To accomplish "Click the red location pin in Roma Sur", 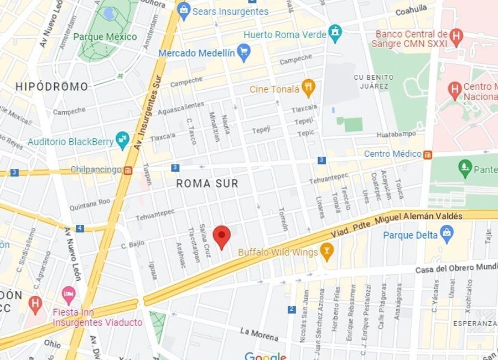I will pos(222,236).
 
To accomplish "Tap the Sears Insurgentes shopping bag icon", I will pos(184,11).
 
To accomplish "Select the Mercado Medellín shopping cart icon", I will pos(243,53).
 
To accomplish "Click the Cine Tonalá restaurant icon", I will pos(308,88).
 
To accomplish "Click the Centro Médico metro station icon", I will pos(428,154).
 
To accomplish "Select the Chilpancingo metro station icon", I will pos(128,170).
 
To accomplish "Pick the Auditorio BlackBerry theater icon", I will pos(122,139).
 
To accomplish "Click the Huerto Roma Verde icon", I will pos(335,33).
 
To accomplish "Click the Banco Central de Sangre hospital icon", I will pos(456,37).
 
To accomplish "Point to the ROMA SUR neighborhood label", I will pos(207,183).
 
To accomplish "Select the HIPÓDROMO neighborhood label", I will pos(51,86).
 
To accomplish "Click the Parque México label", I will pos(105,37).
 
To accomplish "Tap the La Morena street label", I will pos(259,334).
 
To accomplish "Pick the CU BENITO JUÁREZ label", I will pos(373,81).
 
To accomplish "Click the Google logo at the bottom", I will pos(265,356).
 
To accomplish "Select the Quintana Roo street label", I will pos(91,203).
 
